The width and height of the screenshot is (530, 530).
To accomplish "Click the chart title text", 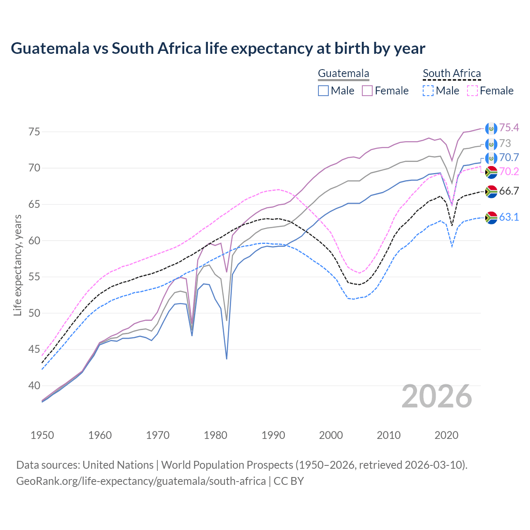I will coord(218,48).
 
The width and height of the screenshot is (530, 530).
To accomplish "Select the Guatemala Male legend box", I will coord(323,91).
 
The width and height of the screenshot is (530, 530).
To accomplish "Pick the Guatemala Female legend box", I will coord(367,91).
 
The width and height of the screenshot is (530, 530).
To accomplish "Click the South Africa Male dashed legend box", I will coord(428,91).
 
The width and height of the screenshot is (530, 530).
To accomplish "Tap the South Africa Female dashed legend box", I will coord(472,91).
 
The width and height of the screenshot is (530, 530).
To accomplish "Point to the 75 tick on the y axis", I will coord(34,132).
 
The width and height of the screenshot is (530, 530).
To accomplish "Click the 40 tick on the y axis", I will coord(34,385).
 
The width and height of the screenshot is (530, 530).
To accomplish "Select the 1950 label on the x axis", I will coord(42,435).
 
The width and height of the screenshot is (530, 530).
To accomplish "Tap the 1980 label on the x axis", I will coord(215,435).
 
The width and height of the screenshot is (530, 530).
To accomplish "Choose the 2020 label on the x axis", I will coord(446,435).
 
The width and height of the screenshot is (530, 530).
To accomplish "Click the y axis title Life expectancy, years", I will coord(17,265).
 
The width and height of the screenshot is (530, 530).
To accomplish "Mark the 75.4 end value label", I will coord(509,128).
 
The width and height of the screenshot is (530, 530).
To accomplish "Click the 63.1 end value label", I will coord(509,217).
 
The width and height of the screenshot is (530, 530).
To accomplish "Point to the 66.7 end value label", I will coord(509,191).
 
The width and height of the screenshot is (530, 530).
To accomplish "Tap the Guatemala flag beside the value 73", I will coord(491,144).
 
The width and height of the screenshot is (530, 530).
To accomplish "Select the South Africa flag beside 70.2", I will coord(491,171).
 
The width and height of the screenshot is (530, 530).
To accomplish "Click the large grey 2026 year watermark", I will coord(436,396).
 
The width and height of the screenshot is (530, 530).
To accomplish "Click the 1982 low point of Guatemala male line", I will coord(226,359).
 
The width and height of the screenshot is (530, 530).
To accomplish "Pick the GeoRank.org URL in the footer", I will coord(141,481).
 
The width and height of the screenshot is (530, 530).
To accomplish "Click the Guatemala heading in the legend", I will coord(343,74).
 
